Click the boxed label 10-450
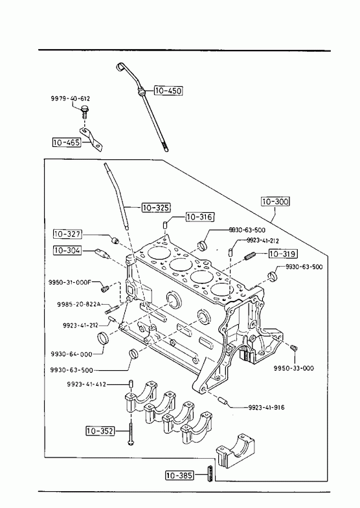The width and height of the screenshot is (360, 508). pyautogui.click(x=168, y=91)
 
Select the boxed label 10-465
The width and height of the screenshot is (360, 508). pyautogui.click(x=67, y=142)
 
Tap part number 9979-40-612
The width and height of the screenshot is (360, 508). pyautogui.click(x=71, y=98)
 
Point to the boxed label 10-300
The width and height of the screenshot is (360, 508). pyautogui.click(x=275, y=201)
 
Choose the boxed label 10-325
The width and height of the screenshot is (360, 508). pyautogui.click(x=156, y=207)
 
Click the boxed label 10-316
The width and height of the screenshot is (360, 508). pyautogui.click(x=200, y=217)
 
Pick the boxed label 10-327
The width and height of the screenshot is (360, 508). pyautogui.click(x=68, y=234)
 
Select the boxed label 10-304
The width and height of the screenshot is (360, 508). pyautogui.click(x=68, y=250)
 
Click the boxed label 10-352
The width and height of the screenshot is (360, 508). pyautogui.click(x=100, y=430)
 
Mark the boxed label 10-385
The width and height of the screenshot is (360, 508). pyautogui.click(x=179, y=475)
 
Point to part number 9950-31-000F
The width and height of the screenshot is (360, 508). pyautogui.click(x=70, y=282)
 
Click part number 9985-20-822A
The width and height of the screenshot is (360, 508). pyautogui.click(x=79, y=304)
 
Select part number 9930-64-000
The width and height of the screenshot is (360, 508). pyautogui.click(x=72, y=354)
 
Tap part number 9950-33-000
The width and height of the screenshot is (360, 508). pyautogui.click(x=293, y=368)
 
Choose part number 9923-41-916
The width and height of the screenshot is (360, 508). pyautogui.click(x=266, y=407)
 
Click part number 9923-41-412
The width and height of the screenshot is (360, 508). pyautogui.click(x=87, y=384)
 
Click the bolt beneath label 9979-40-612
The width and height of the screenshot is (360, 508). pyautogui.click(x=85, y=112)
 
